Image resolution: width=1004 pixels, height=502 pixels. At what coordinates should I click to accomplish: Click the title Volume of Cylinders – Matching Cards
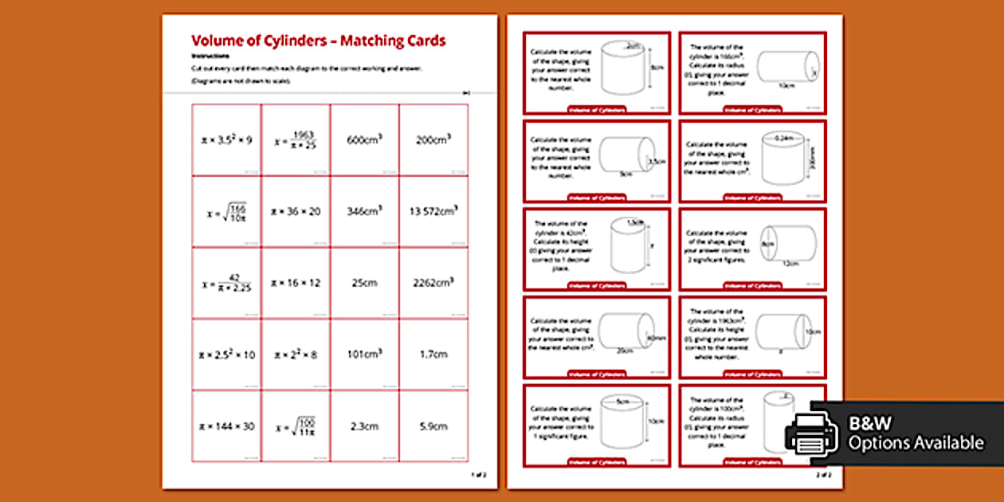[318, 41]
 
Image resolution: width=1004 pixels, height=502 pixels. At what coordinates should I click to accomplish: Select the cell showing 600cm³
[364, 139]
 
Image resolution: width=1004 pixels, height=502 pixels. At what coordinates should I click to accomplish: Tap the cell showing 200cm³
[433, 139]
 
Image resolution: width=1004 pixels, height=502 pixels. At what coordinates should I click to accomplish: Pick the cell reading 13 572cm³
[433, 211]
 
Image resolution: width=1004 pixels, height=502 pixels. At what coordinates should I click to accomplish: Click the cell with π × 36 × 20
[295, 211]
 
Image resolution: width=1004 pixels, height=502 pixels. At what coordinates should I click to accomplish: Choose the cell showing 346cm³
[364, 211]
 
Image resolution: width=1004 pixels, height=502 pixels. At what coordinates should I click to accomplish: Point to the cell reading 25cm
[364, 283]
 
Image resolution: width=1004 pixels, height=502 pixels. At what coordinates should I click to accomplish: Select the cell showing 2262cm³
[433, 283]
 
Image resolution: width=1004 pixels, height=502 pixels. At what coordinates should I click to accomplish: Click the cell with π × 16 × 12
[295, 283]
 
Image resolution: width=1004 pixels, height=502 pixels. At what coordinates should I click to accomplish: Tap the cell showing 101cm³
[364, 355]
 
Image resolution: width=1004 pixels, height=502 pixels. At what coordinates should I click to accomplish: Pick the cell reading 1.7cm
[433, 355]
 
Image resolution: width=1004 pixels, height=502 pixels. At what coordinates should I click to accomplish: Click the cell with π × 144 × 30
[226, 426]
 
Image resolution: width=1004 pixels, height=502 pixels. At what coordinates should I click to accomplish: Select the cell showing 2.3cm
[364, 426]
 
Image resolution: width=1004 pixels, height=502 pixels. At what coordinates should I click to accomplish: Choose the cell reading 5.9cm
[433, 426]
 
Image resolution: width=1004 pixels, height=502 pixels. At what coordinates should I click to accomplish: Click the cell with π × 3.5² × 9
[226, 139]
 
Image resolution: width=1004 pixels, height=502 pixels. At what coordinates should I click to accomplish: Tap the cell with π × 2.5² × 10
[226, 355]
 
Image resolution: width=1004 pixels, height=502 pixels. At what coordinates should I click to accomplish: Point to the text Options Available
[916, 443]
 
